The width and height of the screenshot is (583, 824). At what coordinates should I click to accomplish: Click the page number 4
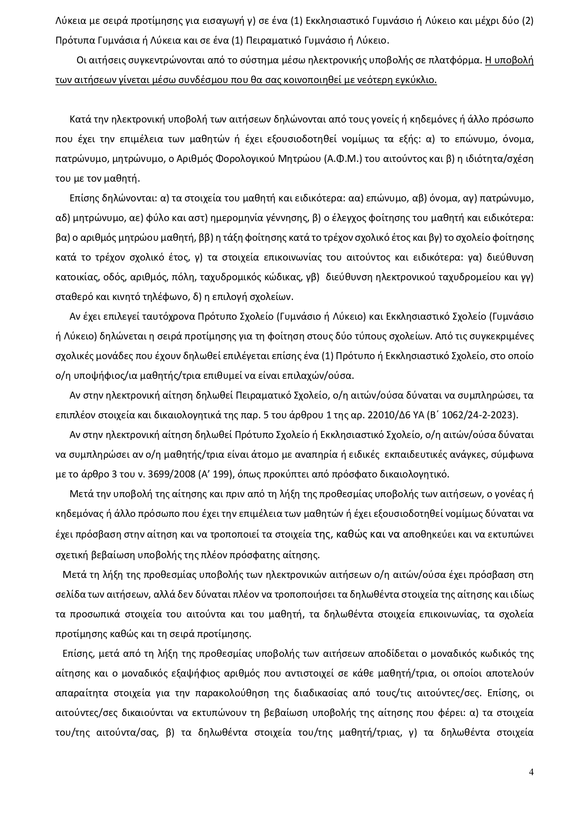tap(531, 772)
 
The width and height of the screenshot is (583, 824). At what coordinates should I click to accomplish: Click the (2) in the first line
tap(528, 21)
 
